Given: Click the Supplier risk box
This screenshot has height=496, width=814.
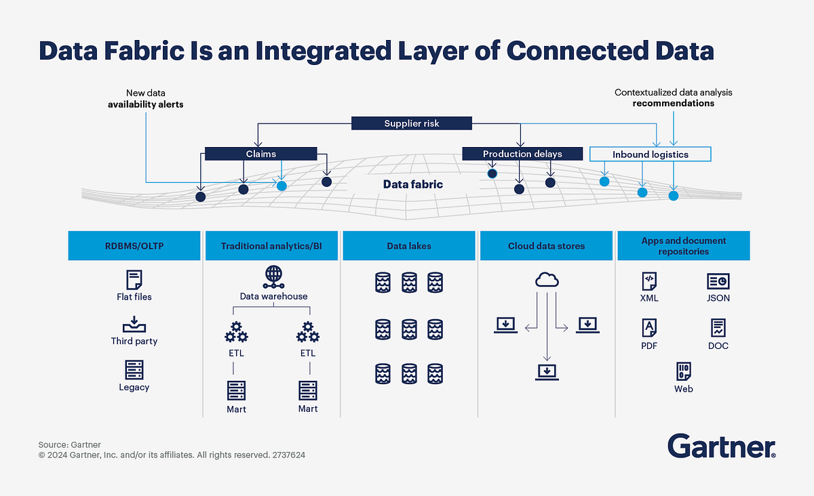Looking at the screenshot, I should tap(411, 123).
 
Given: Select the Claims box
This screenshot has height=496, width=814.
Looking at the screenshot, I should tap(261, 154).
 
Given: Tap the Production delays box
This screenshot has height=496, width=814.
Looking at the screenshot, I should tap(522, 154).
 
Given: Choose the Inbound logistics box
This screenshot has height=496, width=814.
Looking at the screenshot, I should tap(650, 154).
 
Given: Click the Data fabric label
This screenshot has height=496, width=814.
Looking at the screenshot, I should tap(412, 184).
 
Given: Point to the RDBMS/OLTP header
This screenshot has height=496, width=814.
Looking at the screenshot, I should tap(134, 247).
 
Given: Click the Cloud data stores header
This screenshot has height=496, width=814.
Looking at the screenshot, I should tap(546, 247).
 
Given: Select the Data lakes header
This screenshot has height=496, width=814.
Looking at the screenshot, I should tap(409, 247).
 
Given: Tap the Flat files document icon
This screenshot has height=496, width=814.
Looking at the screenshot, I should tap(134, 280).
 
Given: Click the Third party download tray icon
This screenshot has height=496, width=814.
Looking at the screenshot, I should tap(134, 324).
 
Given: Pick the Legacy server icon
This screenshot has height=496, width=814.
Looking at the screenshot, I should tap(134, 370).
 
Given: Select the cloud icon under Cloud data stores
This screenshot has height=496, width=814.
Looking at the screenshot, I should tap(546, 279).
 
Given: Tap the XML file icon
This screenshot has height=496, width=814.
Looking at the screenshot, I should tap(649, 281).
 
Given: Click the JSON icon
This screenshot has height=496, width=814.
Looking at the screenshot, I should tap(718, 281).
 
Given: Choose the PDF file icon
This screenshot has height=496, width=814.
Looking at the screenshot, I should tap(649, 329).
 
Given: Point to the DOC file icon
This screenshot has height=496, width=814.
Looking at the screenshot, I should tap(718, 329).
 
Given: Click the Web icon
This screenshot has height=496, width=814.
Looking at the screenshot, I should tap(683, 371).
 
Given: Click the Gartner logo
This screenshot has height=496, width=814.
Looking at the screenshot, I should tap(721, 447).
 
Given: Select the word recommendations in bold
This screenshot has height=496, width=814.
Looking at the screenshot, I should tap(673, 104).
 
